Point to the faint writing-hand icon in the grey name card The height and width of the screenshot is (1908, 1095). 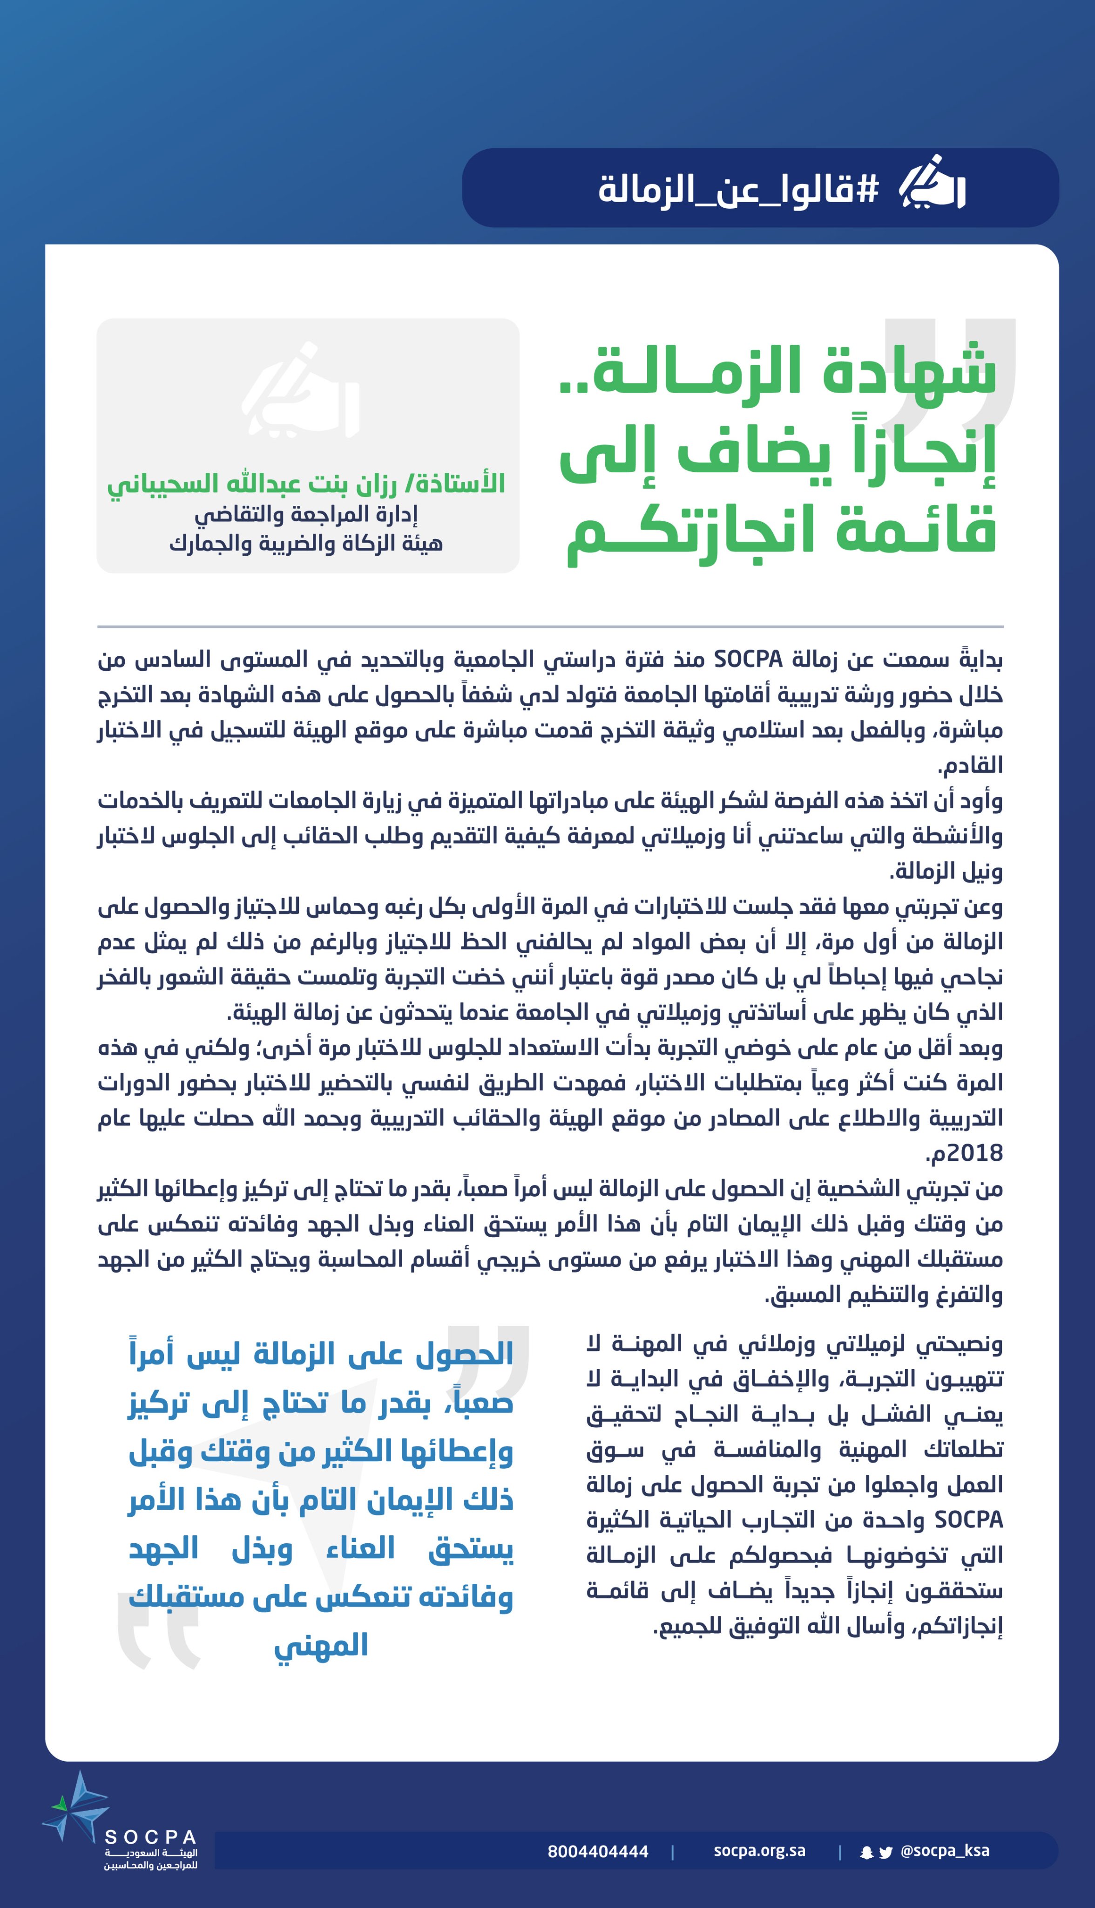(x=300, y=391)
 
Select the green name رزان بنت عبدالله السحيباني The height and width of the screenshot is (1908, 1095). (x=306, y=483)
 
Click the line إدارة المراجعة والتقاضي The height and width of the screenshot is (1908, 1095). (x=306, y=515)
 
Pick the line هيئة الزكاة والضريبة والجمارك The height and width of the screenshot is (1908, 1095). (x=306, y=543)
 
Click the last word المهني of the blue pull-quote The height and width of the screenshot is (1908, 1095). (x=321, y=1645)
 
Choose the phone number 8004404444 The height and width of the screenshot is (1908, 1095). (x=598, y=1852)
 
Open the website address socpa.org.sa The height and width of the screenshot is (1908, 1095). (x=760, y=1851)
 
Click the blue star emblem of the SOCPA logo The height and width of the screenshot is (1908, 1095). (x=75, y=1807)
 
